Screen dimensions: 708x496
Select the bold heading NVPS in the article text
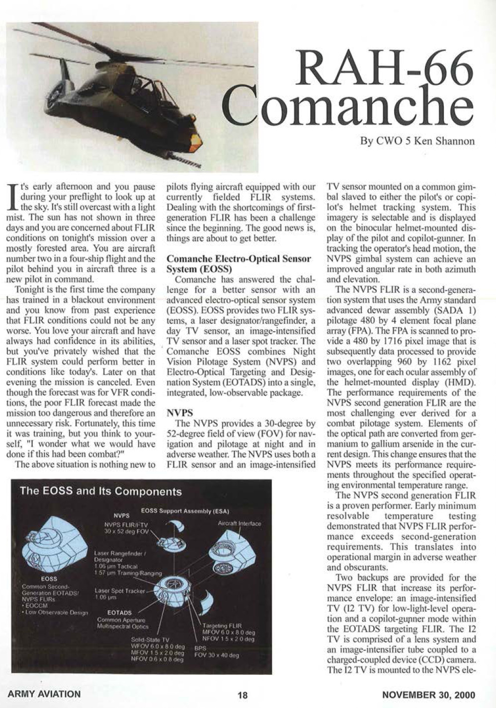pos(177,413)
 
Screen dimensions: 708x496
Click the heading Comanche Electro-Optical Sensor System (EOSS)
pos(239,264)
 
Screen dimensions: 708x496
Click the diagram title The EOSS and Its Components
pos(100,492)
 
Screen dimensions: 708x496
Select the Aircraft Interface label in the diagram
pos(239,523)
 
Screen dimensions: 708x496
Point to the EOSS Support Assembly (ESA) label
pos(184,510)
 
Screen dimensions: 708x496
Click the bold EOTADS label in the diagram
pos(119,613)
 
